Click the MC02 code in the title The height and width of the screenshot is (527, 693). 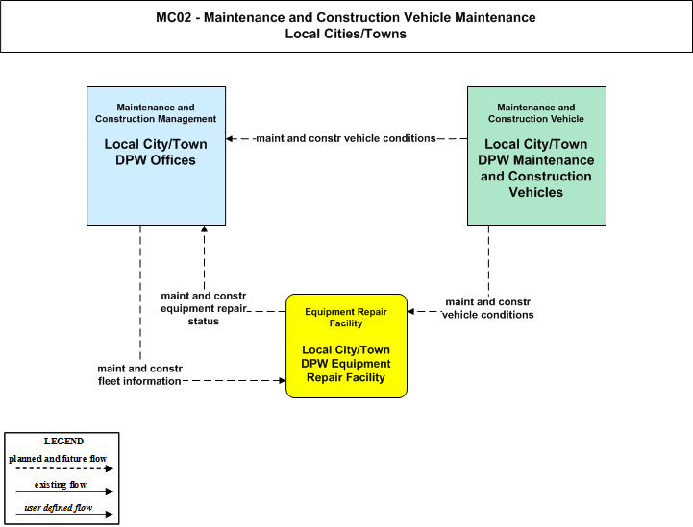tap(174, 17)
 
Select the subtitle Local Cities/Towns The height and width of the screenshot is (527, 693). tap(346, 34)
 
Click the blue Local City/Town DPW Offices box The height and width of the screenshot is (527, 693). tap(156, 156)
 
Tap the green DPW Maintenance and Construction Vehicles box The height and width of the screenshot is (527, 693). tap(536, 156)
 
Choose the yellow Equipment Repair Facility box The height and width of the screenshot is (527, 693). tap(346, 346)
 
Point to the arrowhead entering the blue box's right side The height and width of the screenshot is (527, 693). tap(230, 138)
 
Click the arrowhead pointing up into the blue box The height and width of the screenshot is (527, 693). tap(204, 228)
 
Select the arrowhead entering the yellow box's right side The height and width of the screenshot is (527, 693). tap(410, 312)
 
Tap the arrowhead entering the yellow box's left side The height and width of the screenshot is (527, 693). tap(283, 380)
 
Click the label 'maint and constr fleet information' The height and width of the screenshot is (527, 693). tap(139, 374)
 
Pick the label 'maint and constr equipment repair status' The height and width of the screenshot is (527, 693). tap(204, 308)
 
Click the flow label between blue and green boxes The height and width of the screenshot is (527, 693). tap(346, 138)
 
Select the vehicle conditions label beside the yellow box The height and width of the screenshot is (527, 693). tap(488, 308)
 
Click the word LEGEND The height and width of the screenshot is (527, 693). tap(63, 442)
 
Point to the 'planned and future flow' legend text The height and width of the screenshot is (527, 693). tap(58, 459)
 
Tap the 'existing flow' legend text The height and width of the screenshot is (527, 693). tap(61, 485)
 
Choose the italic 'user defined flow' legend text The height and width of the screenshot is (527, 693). tap(59, 508)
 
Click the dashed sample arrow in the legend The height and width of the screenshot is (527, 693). tap(64, 468)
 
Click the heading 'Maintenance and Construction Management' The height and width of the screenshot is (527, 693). tap(156, 113)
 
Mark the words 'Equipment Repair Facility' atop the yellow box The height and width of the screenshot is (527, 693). tap(346, 318)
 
